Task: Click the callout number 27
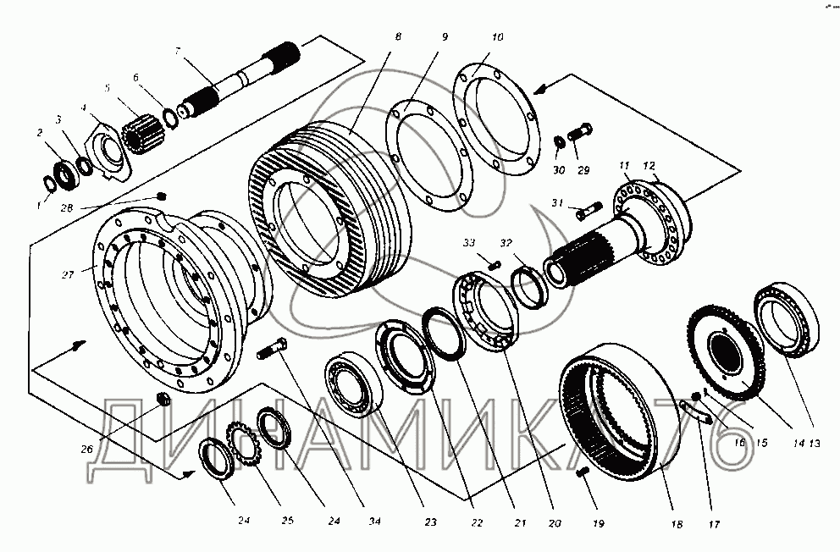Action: pos(68,273)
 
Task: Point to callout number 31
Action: pos(555,202)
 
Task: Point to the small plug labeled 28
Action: pos(161,196)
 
